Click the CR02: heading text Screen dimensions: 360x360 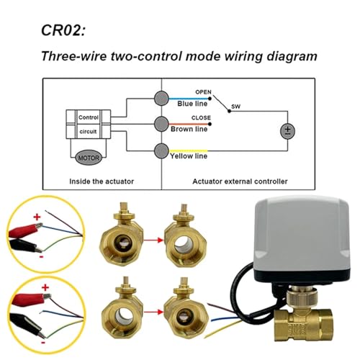[63, 30]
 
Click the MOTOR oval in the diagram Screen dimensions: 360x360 [89, 158]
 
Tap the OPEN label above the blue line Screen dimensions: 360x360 [203, 92]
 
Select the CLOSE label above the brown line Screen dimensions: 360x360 [201, 118]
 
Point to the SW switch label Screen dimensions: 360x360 [235, 107]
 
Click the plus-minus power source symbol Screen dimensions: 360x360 [287, 131]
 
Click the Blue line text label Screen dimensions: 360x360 [192, 104]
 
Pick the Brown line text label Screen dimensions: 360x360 [189, 129]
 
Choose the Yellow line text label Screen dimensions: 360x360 [189, 156]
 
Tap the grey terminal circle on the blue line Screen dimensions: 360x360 [161, 98]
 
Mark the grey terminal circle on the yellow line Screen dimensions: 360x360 [161, 150]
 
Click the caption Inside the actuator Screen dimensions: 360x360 [102, 181]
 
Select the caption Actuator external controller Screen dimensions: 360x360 [240, 181]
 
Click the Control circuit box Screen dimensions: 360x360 [89, 125]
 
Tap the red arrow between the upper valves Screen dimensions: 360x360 [153, 240]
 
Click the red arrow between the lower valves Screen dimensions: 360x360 [153, 312]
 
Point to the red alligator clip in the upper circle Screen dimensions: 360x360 [26, 229]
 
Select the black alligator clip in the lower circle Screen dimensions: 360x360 [27, 325]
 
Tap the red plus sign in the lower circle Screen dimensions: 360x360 [45, 287]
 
